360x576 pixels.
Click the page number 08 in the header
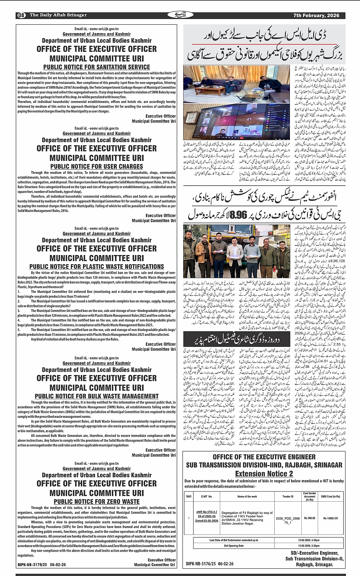coord(21,15)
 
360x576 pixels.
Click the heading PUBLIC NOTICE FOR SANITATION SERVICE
coord(96,67)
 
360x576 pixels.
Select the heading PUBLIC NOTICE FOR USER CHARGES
coord(96,167)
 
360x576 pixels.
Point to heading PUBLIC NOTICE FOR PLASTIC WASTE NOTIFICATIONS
coord(96,266)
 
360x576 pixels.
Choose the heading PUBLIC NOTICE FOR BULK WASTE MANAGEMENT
coord(96,396)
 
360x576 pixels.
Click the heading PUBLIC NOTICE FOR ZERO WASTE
coord(96,502)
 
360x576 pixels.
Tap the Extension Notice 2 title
coord(264,474)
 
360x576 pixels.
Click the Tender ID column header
coord(288,496)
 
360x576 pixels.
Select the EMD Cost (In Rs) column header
coord(330,496)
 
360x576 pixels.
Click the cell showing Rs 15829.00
coord(330,518)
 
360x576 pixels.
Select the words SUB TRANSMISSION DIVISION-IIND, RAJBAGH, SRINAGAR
coord(264,465)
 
